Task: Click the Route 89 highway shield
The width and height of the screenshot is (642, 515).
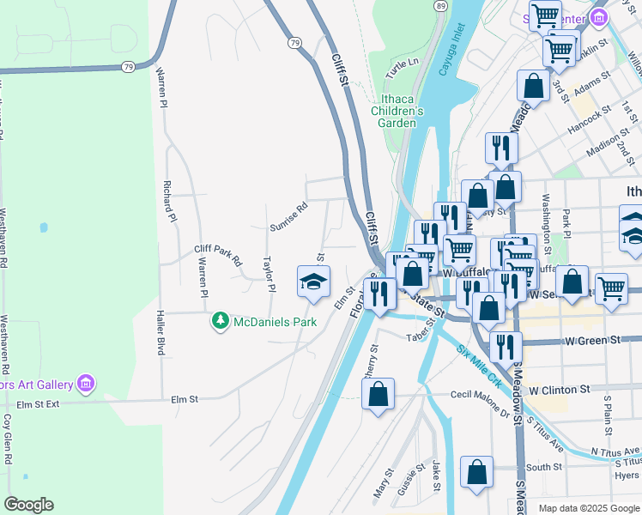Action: (440, 5)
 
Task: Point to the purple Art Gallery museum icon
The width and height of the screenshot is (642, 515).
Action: (85, 383)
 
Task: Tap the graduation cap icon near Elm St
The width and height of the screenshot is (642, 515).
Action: (313, 282)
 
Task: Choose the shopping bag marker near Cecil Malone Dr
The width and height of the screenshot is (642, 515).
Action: (378, 395)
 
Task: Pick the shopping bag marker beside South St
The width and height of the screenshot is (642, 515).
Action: (476, 473)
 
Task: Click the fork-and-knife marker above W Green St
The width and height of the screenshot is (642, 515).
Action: (506, 346)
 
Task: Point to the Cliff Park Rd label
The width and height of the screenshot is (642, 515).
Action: (218, 255)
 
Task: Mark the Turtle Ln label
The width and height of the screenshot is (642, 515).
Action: (402, 63)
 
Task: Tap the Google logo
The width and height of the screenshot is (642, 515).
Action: (28, 505)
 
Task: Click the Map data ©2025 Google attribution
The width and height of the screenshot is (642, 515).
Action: (588, 508)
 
